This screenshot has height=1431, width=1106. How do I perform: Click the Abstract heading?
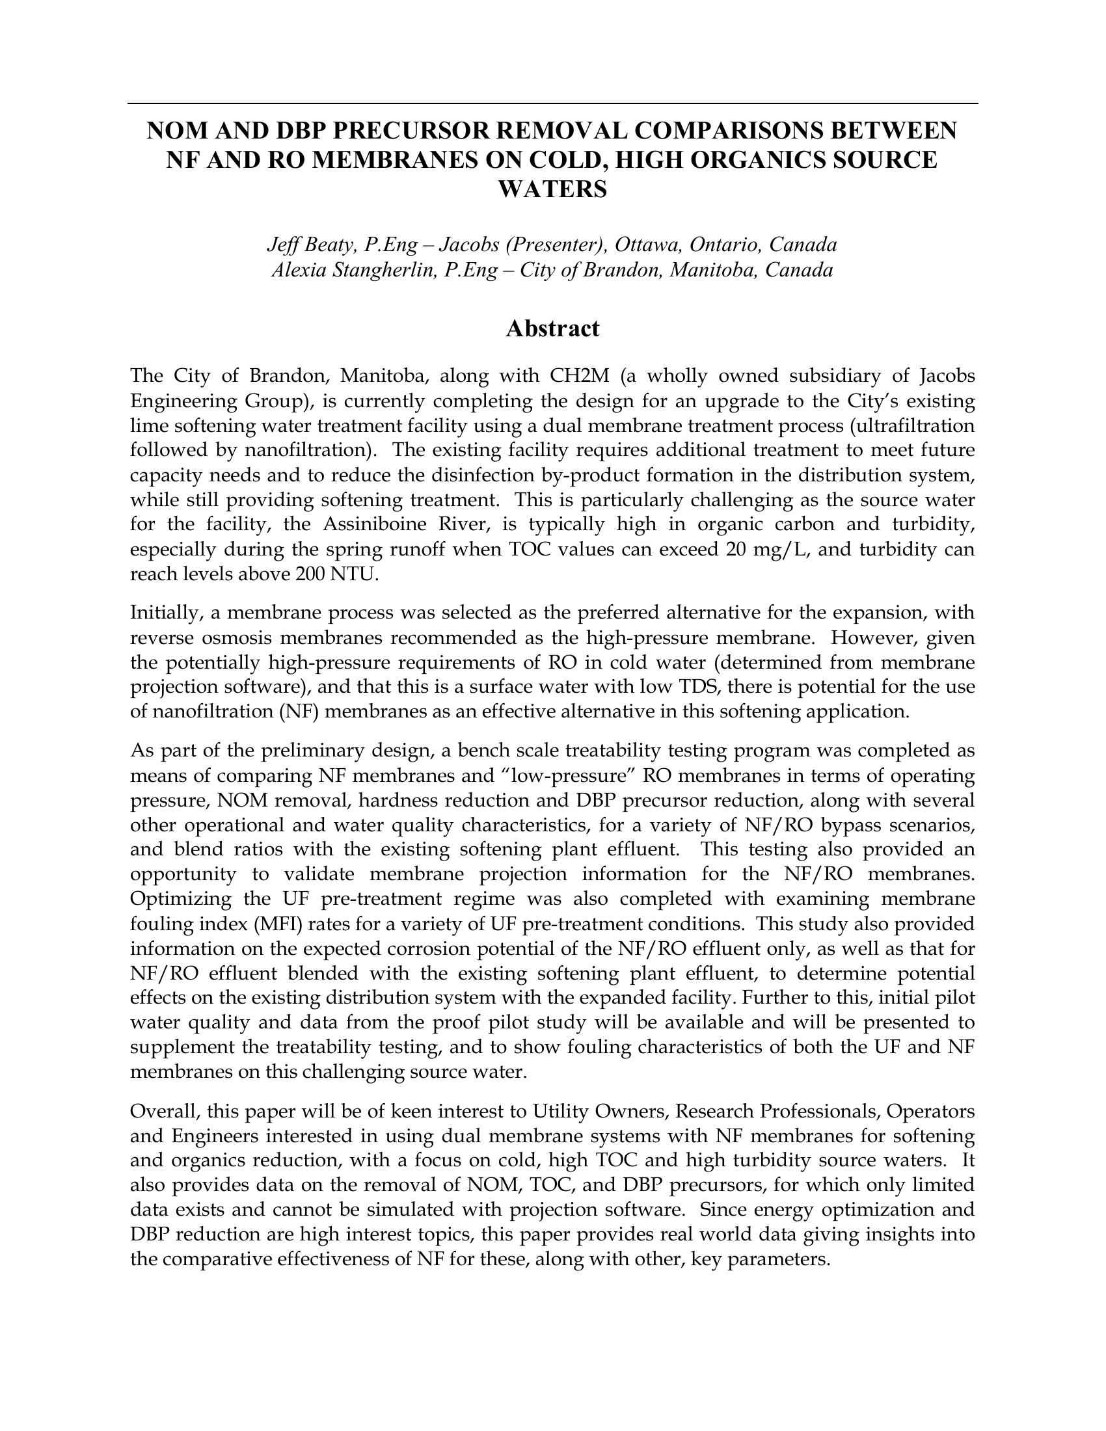coord(552,329)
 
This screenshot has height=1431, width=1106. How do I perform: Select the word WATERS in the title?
coord(552,189)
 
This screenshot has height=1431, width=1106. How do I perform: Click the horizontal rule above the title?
coord(552,103)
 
